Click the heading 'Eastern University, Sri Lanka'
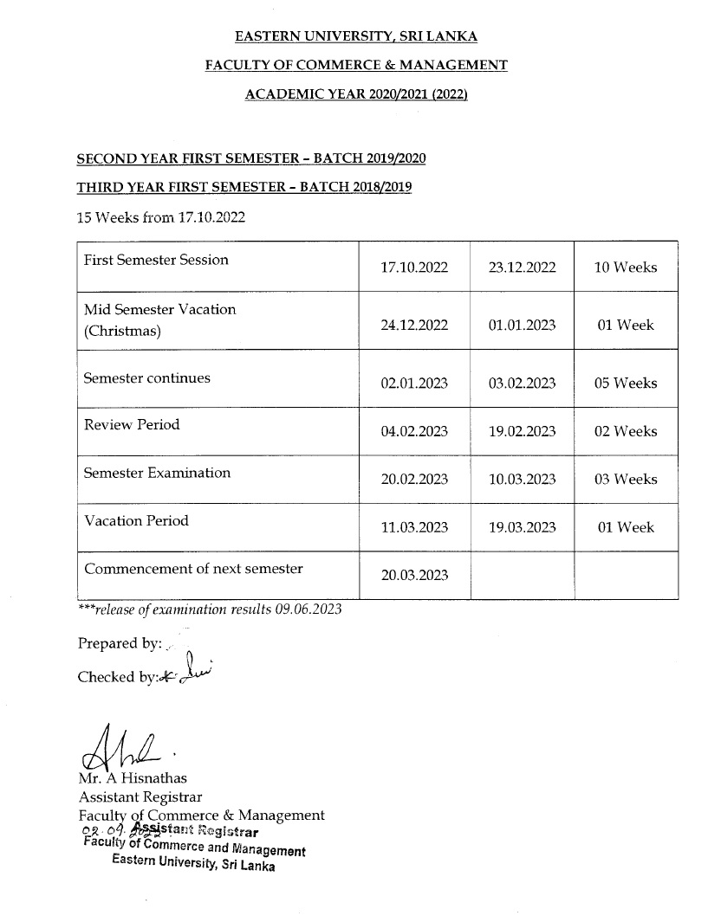(x=355, y=36)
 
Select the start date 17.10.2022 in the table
(x=414, y=268)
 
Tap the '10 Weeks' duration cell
(x=625, y=268)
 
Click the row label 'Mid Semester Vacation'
(x=159, y=310)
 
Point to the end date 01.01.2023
(x=522, y=326)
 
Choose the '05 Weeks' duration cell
(x=625, y=384)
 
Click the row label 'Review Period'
(x=133, y=425)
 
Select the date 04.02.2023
(x=414, y=432)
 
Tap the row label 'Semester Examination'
(x=157, y=474)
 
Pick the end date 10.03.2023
(x=522, y=480)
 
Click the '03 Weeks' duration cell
(x=625, y=480)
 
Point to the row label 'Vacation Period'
(x=136, y=521)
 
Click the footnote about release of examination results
(x=210, y=609)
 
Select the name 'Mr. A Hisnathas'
(x=132, y=778)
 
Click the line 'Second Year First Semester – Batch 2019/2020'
(x=251, y=159)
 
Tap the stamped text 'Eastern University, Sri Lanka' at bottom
(x=193, y=864)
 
